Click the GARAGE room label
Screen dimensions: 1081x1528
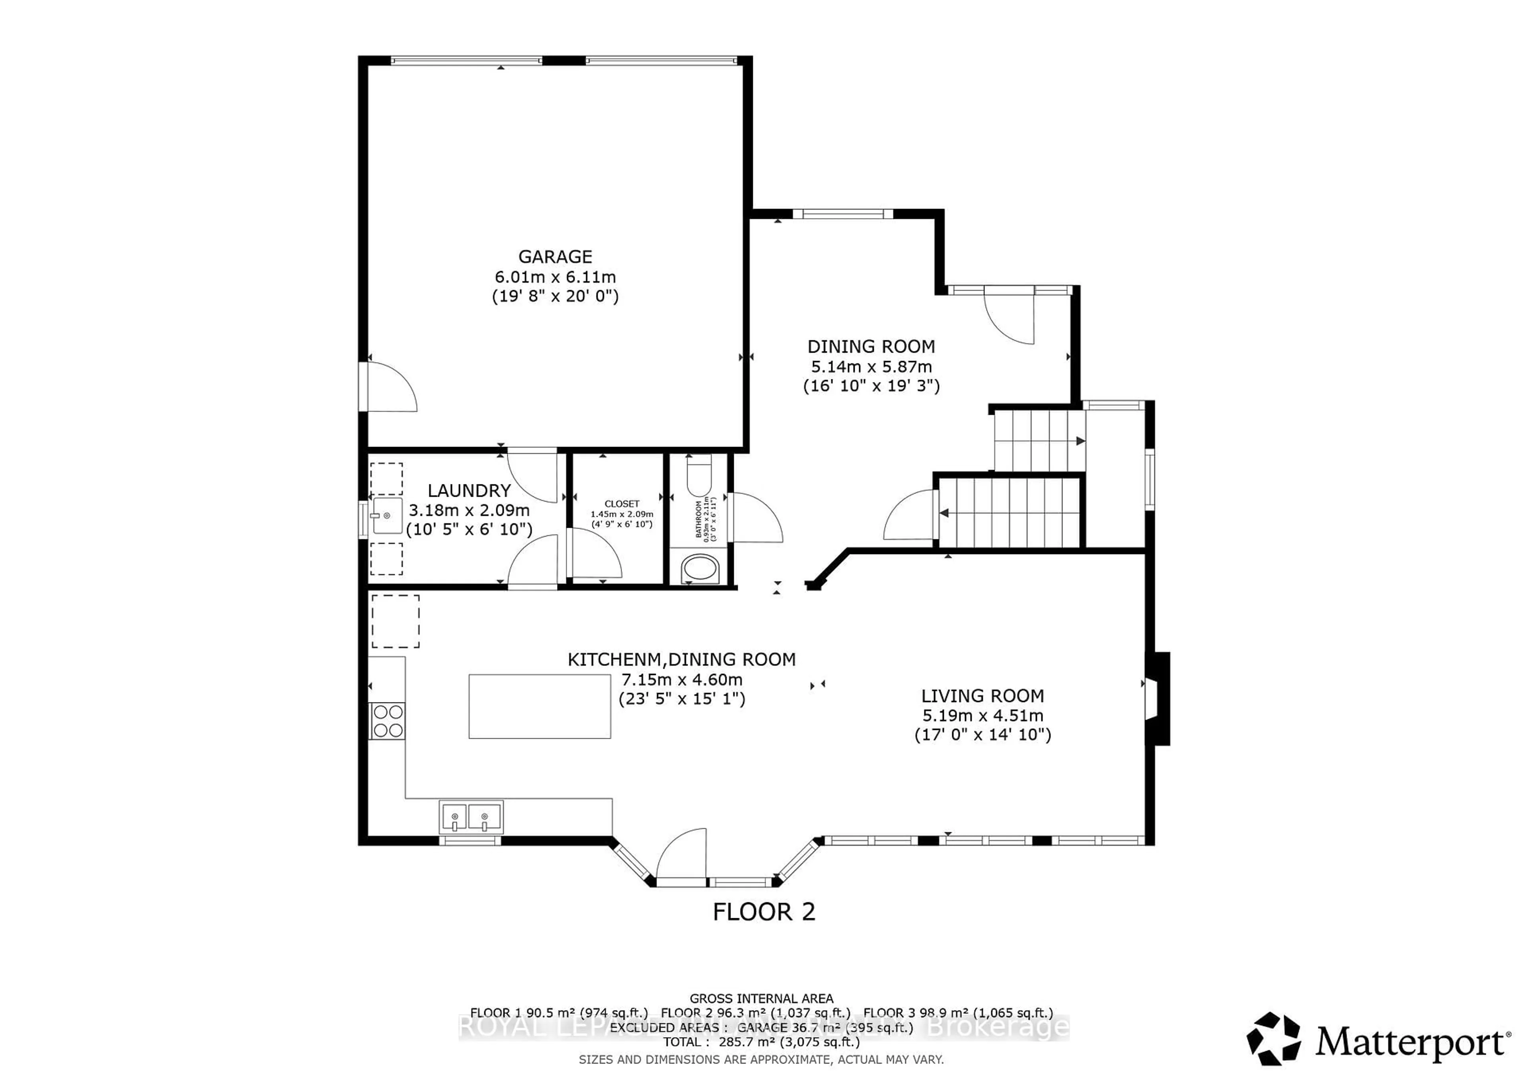pos(555,257)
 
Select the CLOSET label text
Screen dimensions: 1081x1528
pos(622,504)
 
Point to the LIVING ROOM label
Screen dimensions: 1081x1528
pos(982,696)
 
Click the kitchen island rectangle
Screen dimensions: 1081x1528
pos(539,706)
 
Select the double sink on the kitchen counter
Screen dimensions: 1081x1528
pos(470,817)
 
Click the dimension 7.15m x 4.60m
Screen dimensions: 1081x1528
pos(682,680)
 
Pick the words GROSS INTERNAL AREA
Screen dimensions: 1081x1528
pos(761,999)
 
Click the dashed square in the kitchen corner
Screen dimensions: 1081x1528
pos(395,621)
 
